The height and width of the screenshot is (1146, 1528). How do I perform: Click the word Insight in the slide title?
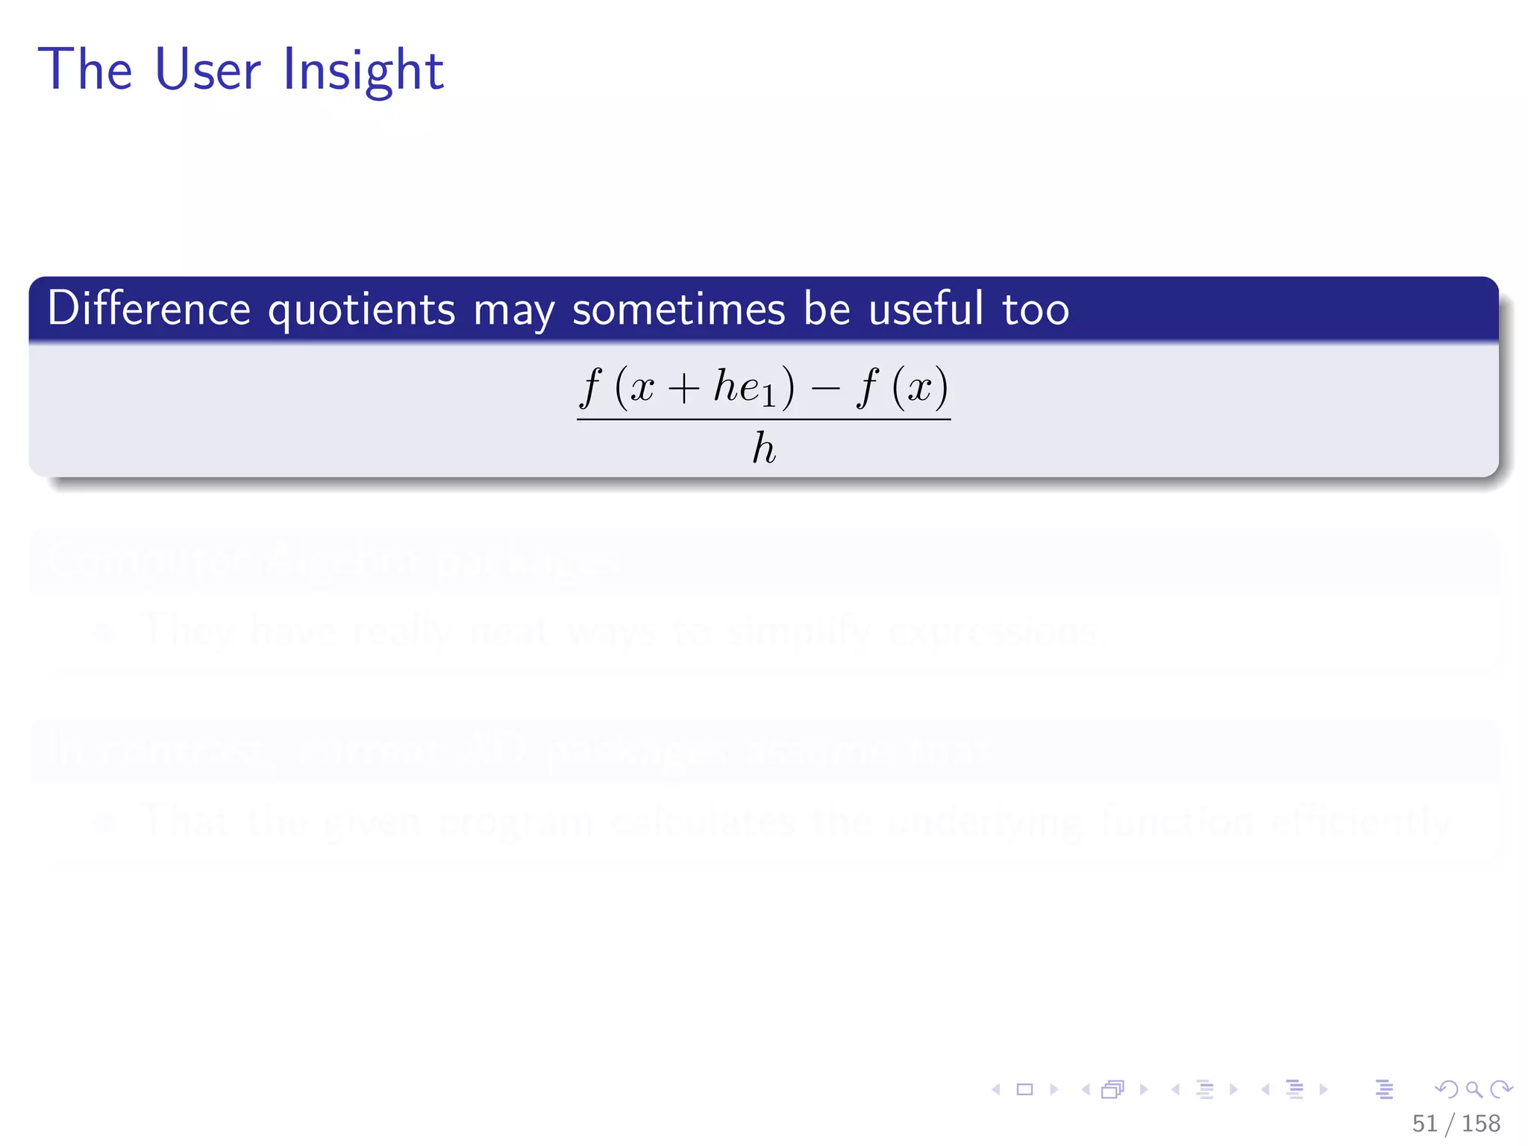click(x=363, y=70)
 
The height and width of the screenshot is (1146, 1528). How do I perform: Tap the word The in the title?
click(x=85, y=70)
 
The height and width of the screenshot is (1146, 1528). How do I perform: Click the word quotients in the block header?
click(x=361, y=310)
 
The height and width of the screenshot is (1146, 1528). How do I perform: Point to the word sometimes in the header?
click(x=678, y=309)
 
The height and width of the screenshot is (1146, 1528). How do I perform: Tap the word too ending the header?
click(x=1036, y=310)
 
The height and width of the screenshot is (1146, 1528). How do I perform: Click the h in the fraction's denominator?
click(x=763, y=449)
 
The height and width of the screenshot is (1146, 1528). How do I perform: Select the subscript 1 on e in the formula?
click(x=768, y=397)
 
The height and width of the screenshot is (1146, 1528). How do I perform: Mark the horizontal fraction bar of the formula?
click(x=763, y=419)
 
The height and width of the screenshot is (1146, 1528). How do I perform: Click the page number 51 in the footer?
click(x=1424, y=1123)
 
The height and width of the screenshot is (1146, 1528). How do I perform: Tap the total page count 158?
click(x=1480, y=1123)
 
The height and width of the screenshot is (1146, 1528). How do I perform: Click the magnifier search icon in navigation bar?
click(x=1474, y=1089)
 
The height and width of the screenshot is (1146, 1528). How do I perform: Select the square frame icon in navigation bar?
click(x=1025, y=1089)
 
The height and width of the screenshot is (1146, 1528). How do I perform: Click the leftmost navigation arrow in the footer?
click(x=996, y=1089)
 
